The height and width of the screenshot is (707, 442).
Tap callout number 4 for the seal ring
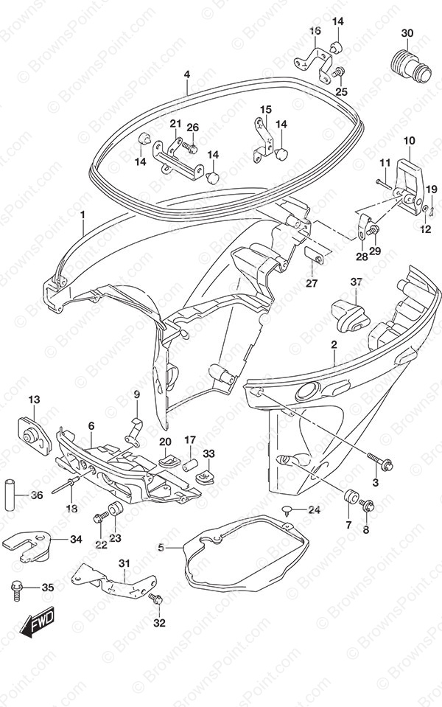tap(187, 74)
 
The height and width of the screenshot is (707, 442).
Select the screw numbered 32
tap(155, 599)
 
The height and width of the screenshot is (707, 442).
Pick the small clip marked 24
tap(290, 509)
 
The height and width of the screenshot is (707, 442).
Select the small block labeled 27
tap(312, 257)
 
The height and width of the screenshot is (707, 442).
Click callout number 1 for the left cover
tap(83, 215)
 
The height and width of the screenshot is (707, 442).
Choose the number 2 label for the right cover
tap(334, 345)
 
